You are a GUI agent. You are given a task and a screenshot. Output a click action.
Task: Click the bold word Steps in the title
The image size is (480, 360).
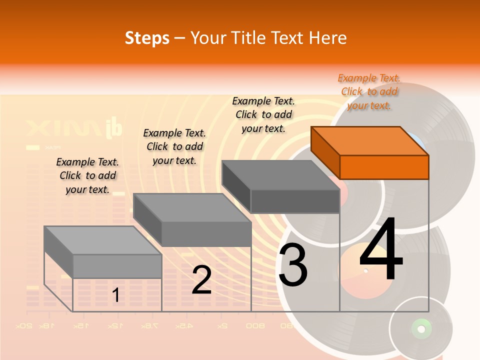tap(147, 38)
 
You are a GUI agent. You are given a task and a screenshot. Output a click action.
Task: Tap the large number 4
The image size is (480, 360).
tap(381, 250)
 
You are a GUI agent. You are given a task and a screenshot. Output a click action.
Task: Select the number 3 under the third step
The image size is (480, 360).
tap(293, 265)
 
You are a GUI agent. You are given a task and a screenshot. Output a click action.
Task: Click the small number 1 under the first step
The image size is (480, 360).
tap(116, 295)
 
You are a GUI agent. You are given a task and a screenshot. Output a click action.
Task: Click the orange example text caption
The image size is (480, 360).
tap(369, 91)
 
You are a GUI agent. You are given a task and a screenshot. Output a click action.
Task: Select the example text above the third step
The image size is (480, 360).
tap(263, 114)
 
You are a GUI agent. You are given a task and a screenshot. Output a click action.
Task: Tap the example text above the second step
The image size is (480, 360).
tap(174, 146)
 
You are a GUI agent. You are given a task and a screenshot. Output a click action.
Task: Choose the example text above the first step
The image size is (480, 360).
tap(87, 175)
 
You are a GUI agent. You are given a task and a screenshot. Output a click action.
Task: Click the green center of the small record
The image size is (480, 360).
tap(420, 329)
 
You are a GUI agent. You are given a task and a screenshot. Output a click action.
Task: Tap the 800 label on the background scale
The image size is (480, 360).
tap(255, 326)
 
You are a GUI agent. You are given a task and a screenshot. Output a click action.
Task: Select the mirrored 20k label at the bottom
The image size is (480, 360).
tap(23, 326)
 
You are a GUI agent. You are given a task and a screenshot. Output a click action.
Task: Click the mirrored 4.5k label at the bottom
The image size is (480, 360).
tap(183, 326)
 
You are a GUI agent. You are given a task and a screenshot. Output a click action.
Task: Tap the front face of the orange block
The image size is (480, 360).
tap(384, 167)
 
